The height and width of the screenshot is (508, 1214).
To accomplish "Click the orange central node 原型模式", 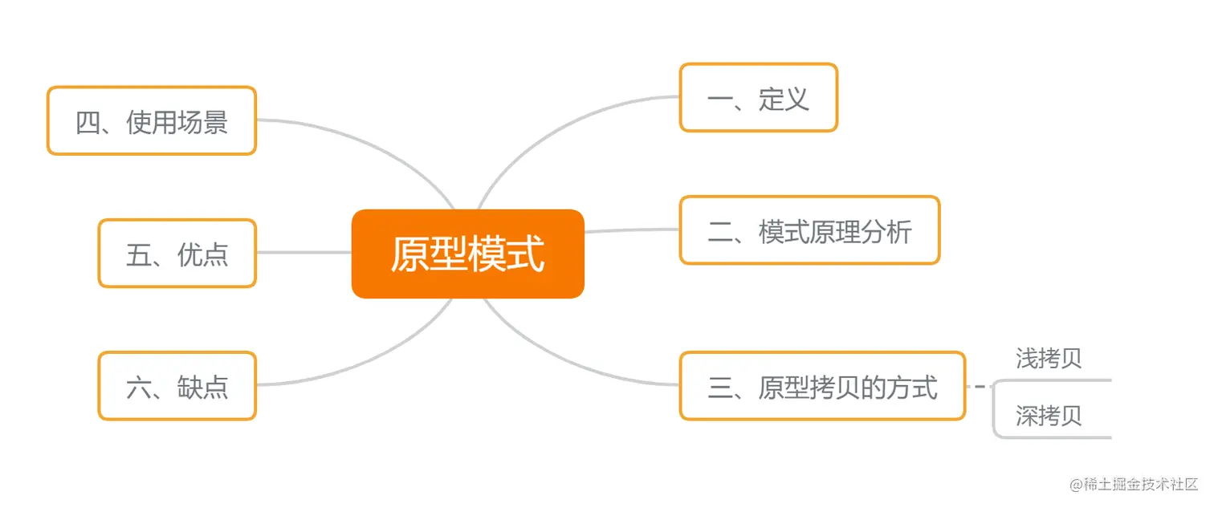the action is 467,254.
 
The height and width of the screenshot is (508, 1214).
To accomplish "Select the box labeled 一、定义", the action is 758,98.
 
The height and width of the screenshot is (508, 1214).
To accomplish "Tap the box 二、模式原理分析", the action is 809,230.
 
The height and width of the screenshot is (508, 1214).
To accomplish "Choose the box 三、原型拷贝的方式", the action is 822,386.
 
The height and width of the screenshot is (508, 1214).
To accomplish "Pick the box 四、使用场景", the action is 151,120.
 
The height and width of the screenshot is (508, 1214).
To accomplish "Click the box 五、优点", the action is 177,254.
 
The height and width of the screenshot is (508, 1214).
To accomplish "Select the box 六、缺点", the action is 177,386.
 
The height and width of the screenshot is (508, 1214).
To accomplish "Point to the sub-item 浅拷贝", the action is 1049,358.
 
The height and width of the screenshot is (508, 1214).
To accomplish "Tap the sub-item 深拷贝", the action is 1049,415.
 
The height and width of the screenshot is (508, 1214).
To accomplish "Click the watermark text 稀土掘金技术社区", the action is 1141,486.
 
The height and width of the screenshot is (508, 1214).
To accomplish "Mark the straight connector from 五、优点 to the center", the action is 303,253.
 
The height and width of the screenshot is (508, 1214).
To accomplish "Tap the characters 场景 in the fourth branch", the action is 203,121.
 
